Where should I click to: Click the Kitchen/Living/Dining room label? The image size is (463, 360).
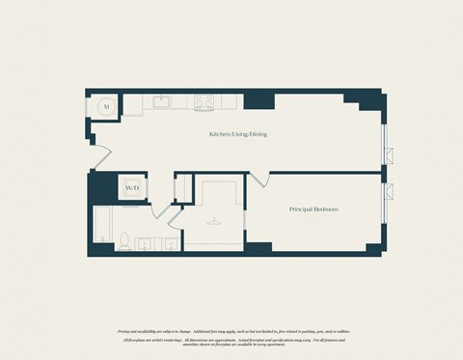pos(238,133)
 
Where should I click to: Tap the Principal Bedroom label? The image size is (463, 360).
pos(313,208)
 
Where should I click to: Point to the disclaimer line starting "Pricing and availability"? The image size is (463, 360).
pos(231,331)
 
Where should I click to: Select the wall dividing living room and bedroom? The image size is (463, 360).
pos(318,173)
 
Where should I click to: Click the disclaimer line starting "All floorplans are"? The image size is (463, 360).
pos(231,340)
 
